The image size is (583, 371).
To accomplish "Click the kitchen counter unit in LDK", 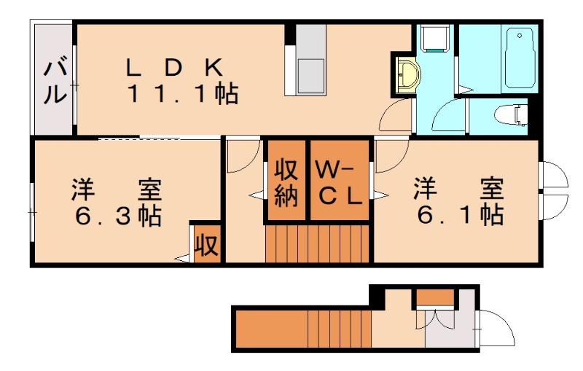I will pos(310,60).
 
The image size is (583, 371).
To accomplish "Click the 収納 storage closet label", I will pos(286,183).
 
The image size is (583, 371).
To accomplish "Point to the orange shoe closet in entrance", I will pos(436,297).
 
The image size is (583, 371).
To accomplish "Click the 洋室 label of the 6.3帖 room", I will pos(117,191).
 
